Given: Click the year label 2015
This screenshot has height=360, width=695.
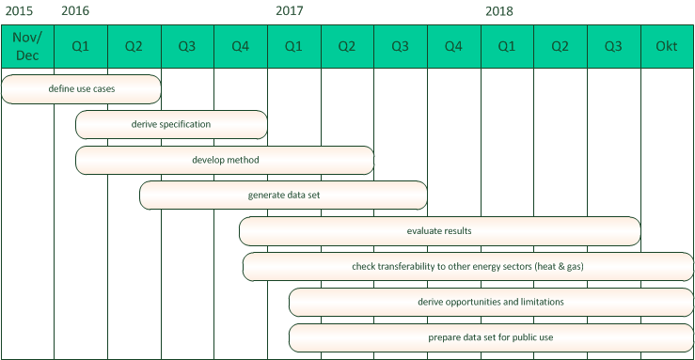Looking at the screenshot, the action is [x=18, y=12].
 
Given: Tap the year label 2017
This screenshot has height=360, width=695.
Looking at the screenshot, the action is [x=290, y=12].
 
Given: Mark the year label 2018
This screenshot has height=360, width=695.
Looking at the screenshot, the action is [x=499, y=12].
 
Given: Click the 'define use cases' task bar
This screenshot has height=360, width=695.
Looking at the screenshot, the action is [x=81, y=89].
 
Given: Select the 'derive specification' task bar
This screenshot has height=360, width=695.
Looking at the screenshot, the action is [x=171, y=124].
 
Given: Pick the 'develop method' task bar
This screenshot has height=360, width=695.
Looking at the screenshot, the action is [x=225, y=160].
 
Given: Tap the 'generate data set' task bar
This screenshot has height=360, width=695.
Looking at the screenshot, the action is [x=283, y=196].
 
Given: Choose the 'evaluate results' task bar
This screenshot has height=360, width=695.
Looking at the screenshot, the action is [x=439, y=231].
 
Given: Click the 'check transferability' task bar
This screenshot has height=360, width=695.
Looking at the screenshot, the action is [x=467, y=267].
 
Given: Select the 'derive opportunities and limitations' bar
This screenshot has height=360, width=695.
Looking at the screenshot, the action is [x=490, y=302].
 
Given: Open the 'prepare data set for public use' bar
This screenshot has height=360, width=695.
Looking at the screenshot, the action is [x=490, y=337].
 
